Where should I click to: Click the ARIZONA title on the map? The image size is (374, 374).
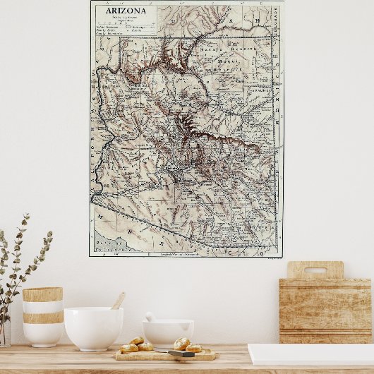pos(126,11)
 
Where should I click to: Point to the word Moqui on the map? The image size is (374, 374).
pos(228,62)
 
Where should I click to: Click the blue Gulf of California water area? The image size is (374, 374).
pos(106,244)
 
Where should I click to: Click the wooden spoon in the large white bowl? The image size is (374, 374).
pos(118,301)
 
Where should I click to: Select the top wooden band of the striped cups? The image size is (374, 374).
pos(42,294)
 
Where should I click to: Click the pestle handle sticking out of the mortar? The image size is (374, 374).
pos(150,317)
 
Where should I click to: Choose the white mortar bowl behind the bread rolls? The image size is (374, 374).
pos(168,332)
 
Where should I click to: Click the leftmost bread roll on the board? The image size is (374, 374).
pos(129,347)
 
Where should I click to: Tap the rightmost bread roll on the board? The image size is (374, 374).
pos(193,348)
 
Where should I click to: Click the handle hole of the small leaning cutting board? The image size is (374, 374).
pos(315,270)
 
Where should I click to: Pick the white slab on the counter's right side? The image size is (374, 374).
pos(310,354)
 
